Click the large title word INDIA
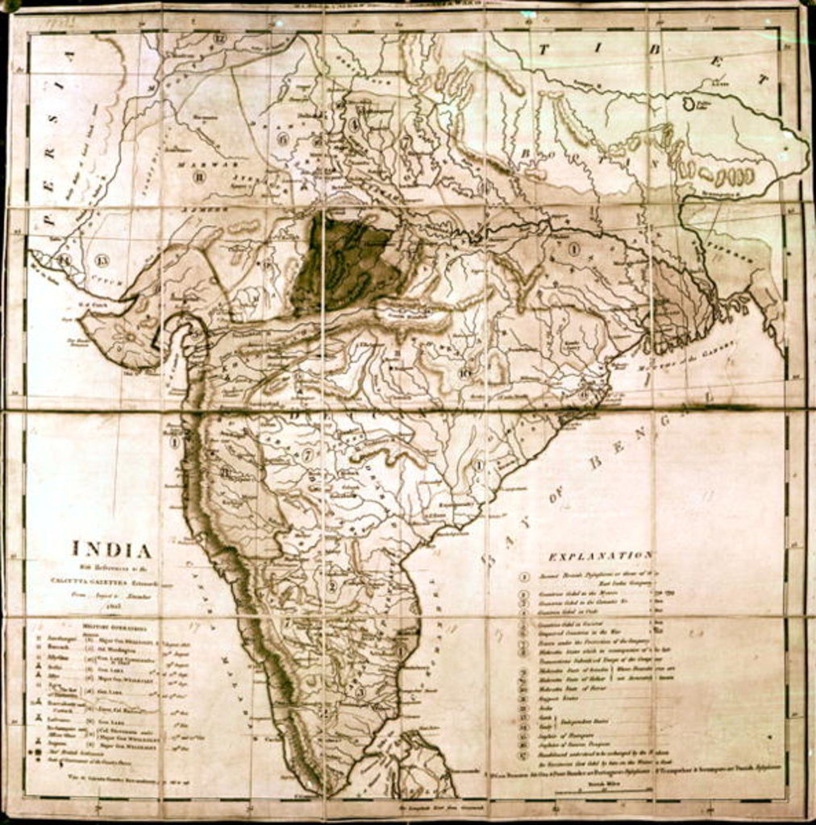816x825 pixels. (x=113, y=549)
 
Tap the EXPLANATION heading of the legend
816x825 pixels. (x=600, y=556)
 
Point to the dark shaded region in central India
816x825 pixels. (x=342, y=261)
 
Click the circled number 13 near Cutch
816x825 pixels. (x=101, y=259)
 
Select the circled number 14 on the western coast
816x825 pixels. (x=63, y=260)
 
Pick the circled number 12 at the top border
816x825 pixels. (x=219, y=38)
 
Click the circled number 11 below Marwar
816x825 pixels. (x=198, y=177)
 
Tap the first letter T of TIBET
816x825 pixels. (x=543, y=49)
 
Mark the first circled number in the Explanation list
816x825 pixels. (x=523, y=577)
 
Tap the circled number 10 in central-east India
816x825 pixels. (x=464, y=372)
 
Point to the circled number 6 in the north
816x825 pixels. (x=282, y=138)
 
